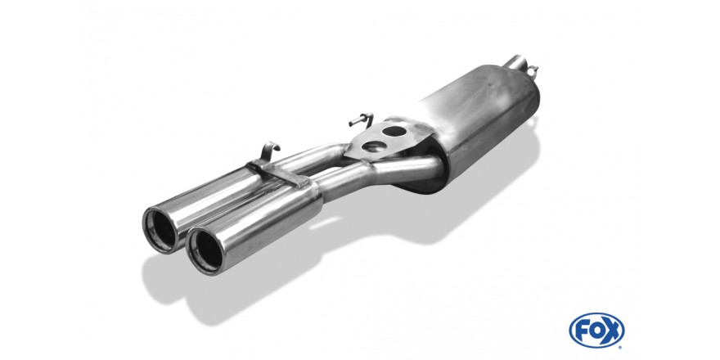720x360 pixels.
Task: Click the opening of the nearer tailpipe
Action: (x=205, y=250)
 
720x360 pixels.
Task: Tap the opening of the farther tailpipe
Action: (x=160, y=230)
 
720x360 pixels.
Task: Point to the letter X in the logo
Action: (x=613, y=331)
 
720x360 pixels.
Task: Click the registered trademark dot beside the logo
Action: (x=621, y=347)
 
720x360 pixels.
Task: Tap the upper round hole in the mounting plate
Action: (x=394, y=131)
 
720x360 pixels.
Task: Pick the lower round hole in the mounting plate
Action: (x=373, y=147)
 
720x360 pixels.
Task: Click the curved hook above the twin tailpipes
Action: (x=270, y=152)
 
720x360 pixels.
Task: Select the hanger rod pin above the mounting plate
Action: (x=361, y=119)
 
